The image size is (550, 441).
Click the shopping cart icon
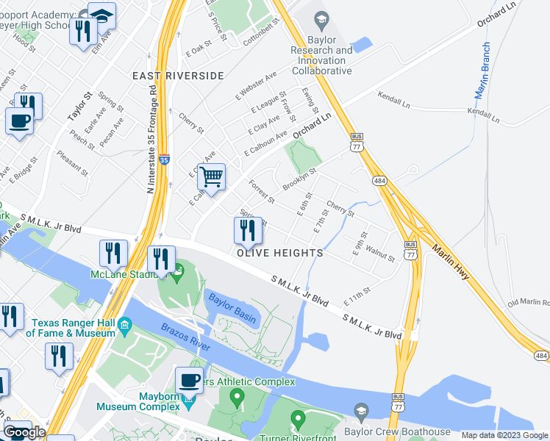point(212,176)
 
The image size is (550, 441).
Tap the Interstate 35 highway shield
point(164,159)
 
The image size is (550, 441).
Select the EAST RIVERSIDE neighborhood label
point(178,76)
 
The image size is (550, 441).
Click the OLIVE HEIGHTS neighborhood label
point(279,253)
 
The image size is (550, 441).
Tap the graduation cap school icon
point(101,16)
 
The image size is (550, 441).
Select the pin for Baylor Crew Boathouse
point(360,409)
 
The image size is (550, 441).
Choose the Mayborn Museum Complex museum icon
point(189,404)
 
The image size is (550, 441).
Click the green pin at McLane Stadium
point(177,278)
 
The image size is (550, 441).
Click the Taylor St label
point(77,107)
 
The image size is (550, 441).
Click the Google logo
point(24,433)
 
